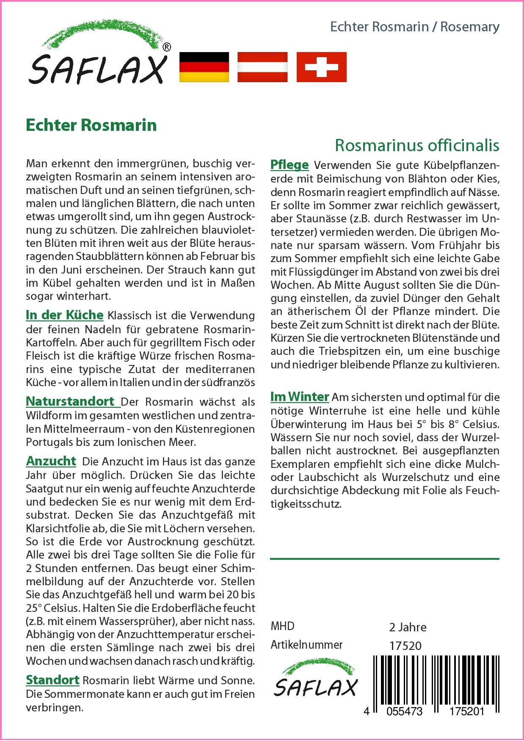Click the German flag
pos(204,67)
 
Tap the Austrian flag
pos(262,67)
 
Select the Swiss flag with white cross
pos(321,67)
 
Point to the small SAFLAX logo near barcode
pos(315,682)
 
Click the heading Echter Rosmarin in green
pos(91,125)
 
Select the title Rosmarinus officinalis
pos(417,145)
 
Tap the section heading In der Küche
pos(64,315)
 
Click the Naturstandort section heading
pos(70,401)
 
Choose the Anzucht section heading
pos(51,461)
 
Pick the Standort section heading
pos(52,680)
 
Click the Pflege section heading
pos(290,165)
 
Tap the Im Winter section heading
pos(300,397)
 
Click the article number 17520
pos(405,646)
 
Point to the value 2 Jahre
pos(407,627)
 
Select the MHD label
pos(282,626)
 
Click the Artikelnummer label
pos(306,645)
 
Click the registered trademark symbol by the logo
pos(167,47)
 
